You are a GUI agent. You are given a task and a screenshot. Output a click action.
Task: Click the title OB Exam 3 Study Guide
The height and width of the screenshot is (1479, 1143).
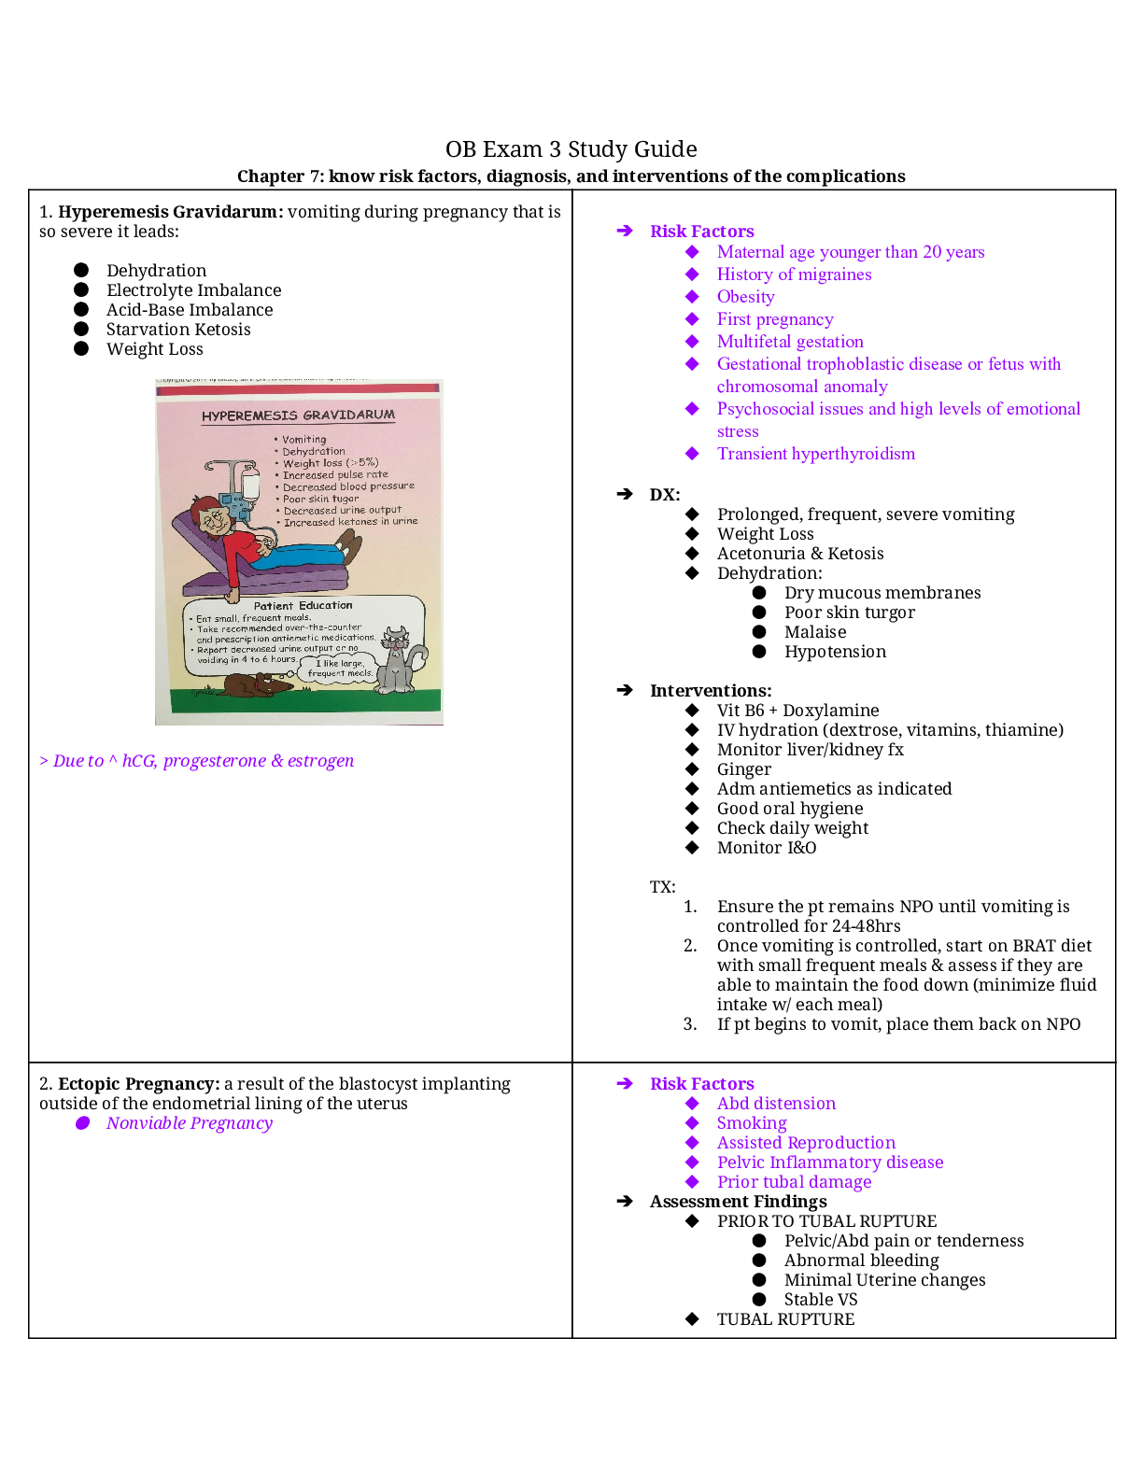(x=571, y=149)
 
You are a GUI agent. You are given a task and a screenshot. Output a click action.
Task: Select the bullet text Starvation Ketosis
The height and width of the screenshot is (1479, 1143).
(x=178, y=330)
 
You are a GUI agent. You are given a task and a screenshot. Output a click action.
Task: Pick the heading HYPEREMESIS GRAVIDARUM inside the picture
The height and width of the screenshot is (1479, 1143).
(x=298, y=416)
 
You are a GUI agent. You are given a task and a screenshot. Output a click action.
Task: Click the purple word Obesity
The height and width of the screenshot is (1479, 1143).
(x=745, y=297)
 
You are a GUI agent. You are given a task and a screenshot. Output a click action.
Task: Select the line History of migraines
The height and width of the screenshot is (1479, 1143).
(x=794, y=275)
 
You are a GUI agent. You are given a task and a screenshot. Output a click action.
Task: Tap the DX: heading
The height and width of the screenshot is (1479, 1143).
(x=665, y=495)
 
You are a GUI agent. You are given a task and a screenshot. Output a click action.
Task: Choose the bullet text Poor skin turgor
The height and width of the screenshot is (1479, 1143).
(x=849, y=613)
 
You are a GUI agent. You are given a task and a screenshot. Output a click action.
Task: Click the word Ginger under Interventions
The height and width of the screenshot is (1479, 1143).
(x=743, y=769)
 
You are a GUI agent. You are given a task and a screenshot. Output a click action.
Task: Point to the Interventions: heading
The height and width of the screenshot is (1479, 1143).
(x=711, y=691)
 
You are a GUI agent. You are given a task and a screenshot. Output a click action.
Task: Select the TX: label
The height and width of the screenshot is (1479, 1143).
(x=662, y=887)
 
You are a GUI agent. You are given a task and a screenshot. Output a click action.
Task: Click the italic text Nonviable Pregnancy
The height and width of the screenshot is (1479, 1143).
(x=189, y=1123)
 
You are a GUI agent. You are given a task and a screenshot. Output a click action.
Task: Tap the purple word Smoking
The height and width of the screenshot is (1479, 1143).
(x=751, y=1123)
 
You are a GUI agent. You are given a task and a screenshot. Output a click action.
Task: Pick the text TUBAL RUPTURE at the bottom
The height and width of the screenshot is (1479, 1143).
(x=785, y=1319)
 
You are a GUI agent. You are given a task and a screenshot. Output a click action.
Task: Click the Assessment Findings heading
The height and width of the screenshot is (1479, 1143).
(x=738, y=1202)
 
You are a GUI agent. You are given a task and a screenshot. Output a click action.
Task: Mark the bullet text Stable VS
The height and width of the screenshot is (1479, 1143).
(x=820, y=1300)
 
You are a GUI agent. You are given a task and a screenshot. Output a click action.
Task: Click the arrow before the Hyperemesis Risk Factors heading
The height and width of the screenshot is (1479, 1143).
(x=625, y=232)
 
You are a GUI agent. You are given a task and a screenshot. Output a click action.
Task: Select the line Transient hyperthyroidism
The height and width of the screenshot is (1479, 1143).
(x=815, y=454)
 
